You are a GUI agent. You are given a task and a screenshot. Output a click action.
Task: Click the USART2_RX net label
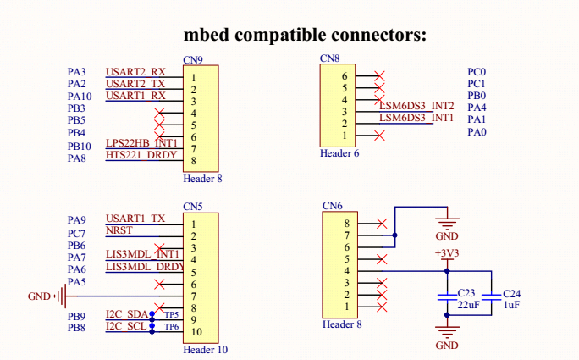point(135,72)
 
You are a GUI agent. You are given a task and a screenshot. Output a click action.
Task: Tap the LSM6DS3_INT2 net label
point(416,106)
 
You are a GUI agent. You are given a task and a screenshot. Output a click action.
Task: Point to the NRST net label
point(119,230)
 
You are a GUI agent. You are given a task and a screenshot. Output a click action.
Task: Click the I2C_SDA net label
point(127,314)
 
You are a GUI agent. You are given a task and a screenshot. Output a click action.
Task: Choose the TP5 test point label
point(171,315)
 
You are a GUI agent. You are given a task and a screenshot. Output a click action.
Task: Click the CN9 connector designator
point(193,60)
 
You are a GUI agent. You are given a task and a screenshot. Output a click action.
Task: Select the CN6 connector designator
point(333,206)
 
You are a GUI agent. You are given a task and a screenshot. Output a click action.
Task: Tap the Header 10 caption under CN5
point(206,350)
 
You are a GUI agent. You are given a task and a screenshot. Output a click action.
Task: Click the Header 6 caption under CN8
point(339,153)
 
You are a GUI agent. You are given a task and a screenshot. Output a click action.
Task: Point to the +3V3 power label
point(447,253)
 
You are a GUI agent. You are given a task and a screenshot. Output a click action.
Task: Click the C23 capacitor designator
point(466,293)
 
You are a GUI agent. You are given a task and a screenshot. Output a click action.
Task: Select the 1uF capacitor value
point(511,305)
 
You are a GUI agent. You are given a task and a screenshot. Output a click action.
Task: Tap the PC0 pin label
point(477,72)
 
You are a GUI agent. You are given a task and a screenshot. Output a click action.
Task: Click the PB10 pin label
point(80,147)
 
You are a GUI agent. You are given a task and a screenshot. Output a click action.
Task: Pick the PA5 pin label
point(77,282)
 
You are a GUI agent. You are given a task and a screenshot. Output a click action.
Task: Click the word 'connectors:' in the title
point(378,35)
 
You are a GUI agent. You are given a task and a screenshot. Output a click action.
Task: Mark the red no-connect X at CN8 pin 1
point(379,136)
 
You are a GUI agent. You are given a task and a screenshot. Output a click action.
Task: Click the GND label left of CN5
point(39,296)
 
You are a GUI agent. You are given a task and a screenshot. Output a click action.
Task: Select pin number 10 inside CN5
point(197,332)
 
